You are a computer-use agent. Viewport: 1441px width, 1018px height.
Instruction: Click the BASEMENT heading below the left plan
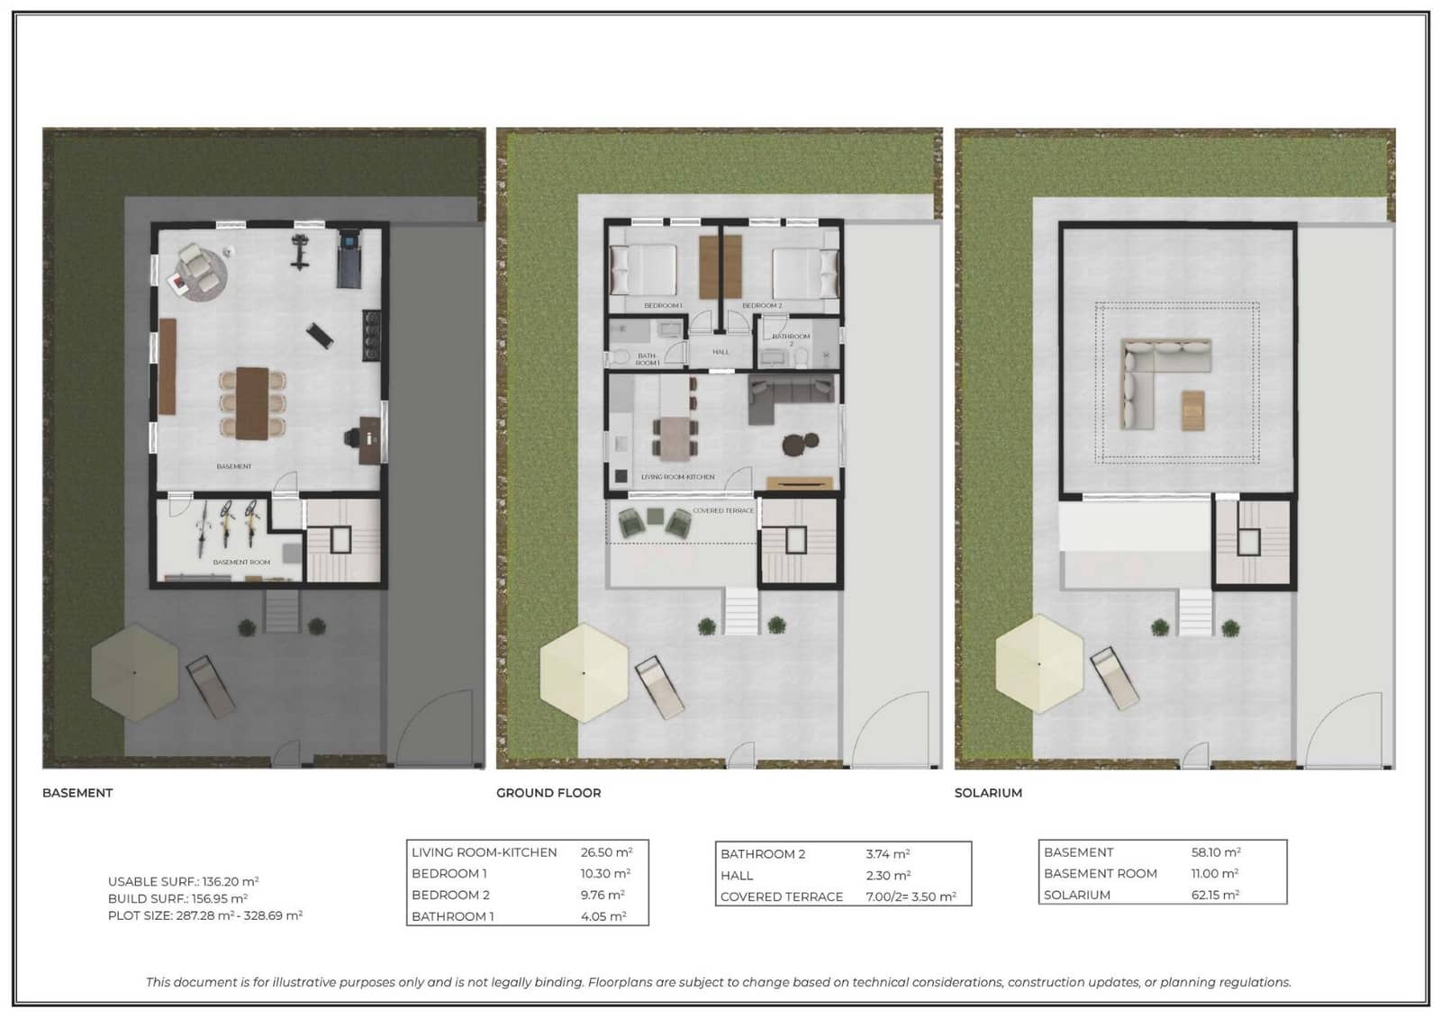point(77,793)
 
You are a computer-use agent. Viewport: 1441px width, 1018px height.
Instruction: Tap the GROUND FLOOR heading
point(548,793)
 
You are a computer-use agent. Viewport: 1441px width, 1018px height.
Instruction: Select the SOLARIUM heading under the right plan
point(988,793)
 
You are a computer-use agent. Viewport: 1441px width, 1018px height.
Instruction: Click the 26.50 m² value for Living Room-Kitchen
point(606,852)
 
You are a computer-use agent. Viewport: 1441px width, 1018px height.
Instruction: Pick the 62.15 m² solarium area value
point(1215,895)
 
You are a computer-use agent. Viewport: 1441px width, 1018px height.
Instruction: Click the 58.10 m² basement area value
point(1216,852)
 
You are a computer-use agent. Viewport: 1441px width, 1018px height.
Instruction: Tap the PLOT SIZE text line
point(204,915)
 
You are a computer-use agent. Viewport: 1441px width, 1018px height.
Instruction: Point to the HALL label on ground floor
point(720,352)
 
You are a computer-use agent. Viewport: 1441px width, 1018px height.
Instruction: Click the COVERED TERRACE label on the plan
point(722,510)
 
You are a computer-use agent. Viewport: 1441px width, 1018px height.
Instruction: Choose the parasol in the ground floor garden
point(584,672)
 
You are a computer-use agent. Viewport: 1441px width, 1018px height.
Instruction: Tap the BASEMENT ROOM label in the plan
point(241,562)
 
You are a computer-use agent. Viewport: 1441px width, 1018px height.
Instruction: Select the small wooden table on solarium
point(1192,410)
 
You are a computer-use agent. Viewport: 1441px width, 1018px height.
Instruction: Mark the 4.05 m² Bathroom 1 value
point(603,916)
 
